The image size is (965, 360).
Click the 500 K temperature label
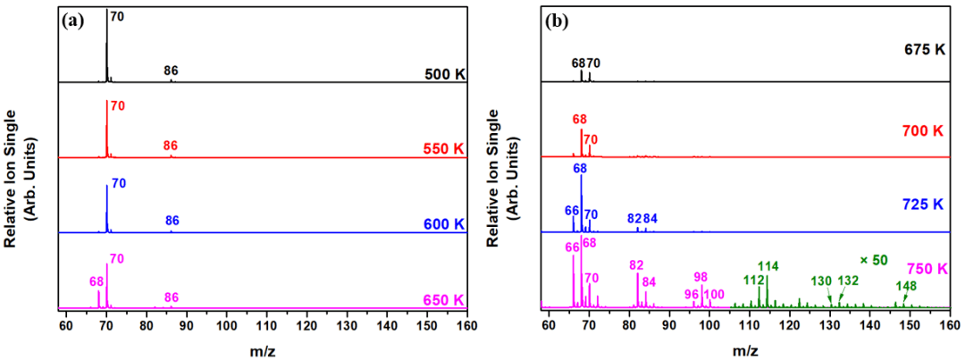(x=444, y=72)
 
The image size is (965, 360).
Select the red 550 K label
(x=444, y=148)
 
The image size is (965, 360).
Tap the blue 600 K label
(x=444, y=223)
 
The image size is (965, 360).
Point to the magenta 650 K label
(x=444, y=298)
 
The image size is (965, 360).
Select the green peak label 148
(x=906, y=287)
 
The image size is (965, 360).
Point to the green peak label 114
(x=768, y=265)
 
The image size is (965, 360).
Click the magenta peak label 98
(x=701, y=277)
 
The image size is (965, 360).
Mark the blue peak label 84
(x=650, y=219)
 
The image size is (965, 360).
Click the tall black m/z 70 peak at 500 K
(x=106, y=45)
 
